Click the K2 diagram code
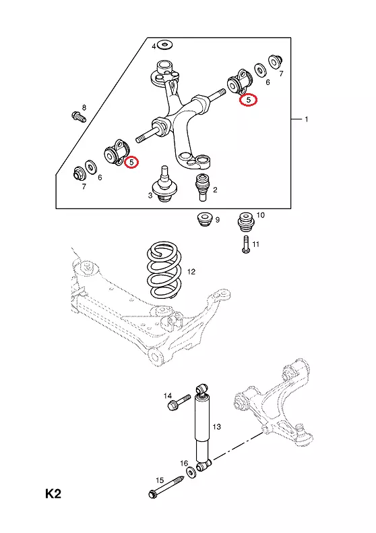[53, 494]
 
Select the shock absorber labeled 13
[203, 428]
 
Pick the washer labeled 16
[191, 472]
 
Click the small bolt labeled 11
[247, 244]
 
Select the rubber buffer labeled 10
[246, 221]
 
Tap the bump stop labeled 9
[205, 219]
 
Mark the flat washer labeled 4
[166, 43]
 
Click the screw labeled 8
[79, 117]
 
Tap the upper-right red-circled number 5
[249, 100]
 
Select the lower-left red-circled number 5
[131, 162]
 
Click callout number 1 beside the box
[307, 119]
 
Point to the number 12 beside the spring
[191, 272]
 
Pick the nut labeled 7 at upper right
[276, 61]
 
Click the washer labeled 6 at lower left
[91, 166]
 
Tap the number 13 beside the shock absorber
[217, 426]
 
